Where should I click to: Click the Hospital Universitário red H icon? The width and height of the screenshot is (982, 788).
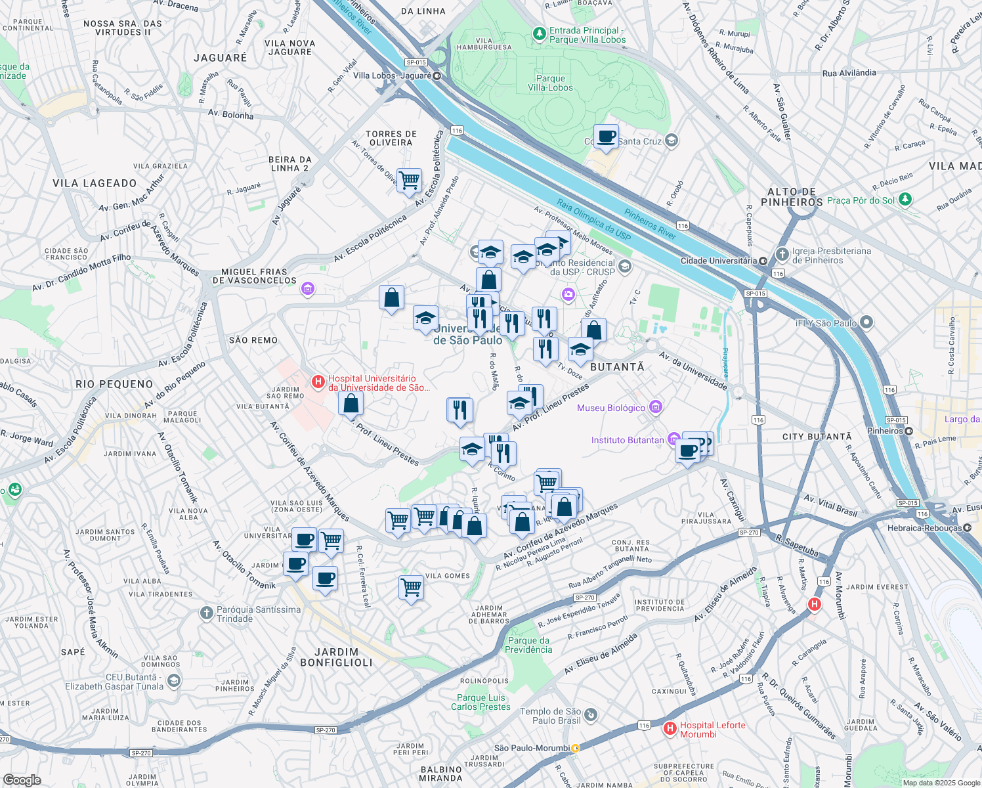click(318, 382)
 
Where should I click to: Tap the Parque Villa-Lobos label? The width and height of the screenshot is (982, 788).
click(550, 83)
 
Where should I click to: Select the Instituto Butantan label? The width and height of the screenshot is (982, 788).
click(627, 440)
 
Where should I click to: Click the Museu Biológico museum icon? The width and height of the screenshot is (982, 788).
click(655, 408)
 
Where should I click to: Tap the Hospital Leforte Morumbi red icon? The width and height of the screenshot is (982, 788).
click(670, 728)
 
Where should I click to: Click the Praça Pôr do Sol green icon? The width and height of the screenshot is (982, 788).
click(906, 199)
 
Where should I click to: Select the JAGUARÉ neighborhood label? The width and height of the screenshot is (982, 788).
click(221, 58)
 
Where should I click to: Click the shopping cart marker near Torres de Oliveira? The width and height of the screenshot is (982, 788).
click(409, 179)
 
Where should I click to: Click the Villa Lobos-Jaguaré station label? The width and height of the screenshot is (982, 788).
click(392, 76)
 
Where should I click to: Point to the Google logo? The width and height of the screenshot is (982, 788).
click(22, 780)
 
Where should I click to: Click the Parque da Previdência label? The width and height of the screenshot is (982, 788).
click(528, 645)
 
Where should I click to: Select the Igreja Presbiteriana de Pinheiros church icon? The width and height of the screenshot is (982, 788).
click(781, 254)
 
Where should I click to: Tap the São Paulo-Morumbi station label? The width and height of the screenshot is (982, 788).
click(532, 748)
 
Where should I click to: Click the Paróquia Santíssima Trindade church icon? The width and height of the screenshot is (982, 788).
click(206, 613)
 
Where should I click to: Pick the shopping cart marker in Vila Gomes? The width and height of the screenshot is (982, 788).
click(411, 587)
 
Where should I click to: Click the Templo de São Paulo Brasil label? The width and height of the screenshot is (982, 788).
click(550, 716)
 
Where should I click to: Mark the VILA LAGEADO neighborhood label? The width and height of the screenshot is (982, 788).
click(95, 183)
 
